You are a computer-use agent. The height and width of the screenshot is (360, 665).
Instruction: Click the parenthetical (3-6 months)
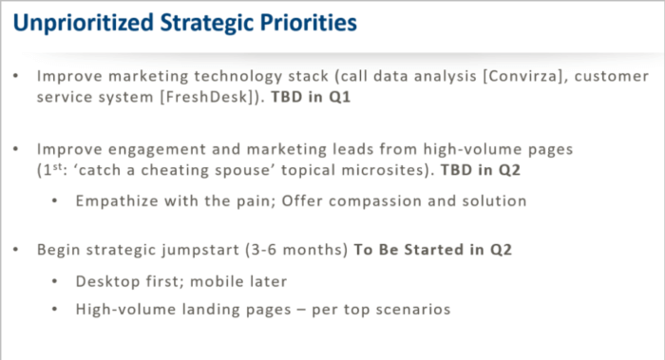tap(301, 251)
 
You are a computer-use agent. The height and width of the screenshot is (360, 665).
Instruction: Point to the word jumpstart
tap(204, 251)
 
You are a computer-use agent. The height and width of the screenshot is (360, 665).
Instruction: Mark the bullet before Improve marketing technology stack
tap(18, 77)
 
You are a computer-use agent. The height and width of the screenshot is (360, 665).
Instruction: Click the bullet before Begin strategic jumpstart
tap(18, 251)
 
